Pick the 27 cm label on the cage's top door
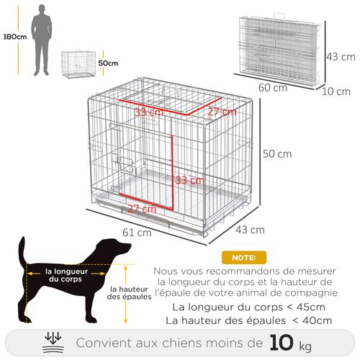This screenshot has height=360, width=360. (222, 112)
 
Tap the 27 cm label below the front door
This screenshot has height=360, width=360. (141, 209)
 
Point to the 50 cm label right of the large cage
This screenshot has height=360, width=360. (277, 154)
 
